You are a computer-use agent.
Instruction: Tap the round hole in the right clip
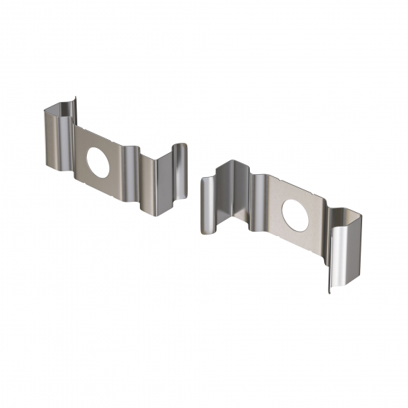point(294,213)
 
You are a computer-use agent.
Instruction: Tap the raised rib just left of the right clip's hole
point(259,200)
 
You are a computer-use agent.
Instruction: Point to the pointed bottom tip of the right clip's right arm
point(329,294)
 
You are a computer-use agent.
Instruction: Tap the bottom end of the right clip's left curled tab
point(205,233)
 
